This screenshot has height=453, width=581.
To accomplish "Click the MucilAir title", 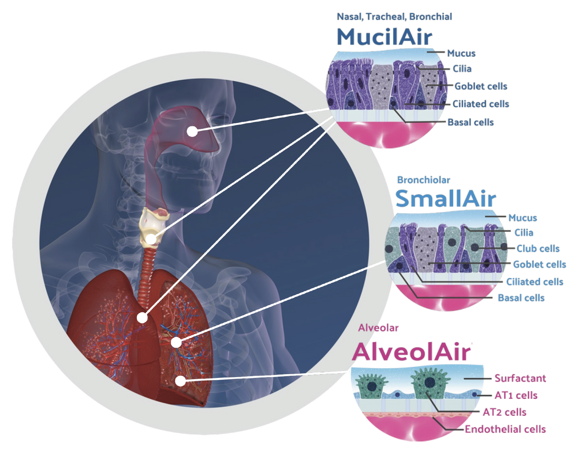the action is coord(384,37).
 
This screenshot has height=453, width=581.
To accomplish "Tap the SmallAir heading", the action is coord(446,199).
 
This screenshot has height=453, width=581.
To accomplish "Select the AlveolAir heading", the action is coord(412,352).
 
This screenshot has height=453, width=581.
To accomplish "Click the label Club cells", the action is coord(538,248).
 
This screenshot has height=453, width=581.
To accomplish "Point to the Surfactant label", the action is coord(520,378).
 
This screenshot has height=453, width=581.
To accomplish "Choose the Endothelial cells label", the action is coord(505,429).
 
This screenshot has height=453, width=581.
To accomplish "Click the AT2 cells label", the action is coord(504,412).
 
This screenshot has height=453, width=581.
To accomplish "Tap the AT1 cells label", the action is coord(516,395).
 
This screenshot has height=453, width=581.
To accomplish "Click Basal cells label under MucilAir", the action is coord(471,122).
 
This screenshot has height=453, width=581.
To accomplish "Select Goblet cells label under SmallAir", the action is coord(539,264).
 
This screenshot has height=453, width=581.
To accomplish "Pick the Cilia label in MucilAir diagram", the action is coord(462,69).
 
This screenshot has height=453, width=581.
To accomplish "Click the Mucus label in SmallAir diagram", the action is coord(523,218).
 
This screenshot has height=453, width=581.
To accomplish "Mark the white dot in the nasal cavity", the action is coord(192,131).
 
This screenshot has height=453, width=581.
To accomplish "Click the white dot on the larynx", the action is coord(151,239).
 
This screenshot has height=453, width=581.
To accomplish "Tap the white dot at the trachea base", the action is coord(142,318).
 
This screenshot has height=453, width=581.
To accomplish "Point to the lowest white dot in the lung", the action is coord(181,381).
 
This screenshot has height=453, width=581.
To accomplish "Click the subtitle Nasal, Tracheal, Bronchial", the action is coord(394,17).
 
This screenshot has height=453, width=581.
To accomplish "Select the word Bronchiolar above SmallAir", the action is coord(423,180).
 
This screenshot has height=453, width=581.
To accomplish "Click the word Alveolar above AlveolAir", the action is coord(378,328).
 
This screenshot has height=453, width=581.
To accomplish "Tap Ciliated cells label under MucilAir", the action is coord(481,104).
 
